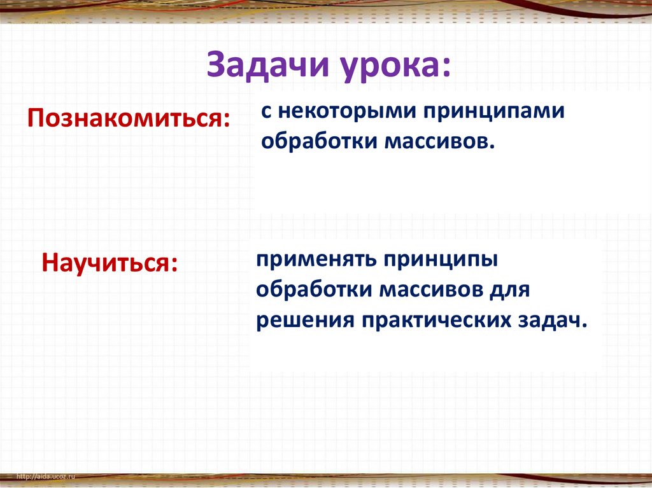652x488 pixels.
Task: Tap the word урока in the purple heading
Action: (389, 67)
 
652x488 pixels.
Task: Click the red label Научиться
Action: (104, 263)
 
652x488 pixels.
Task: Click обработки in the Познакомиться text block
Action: (319, 141)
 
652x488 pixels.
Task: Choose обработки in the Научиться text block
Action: (314, 289)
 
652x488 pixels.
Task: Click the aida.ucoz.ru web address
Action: (46, 477)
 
